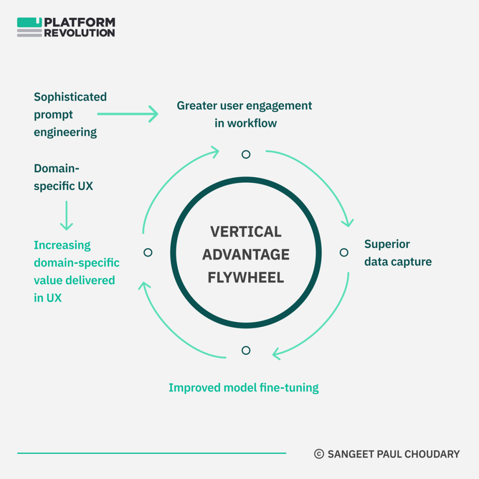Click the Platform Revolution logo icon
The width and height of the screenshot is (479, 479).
point(30,27)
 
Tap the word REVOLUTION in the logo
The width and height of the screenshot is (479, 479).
point(79,33)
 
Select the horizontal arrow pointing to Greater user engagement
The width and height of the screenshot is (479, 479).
point(128,114)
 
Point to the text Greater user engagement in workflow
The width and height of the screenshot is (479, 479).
point(245,114)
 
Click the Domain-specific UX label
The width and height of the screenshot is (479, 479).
point(63,177)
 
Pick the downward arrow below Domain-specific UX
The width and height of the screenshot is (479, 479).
point(66,215)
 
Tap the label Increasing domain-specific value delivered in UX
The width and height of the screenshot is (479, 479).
point(76,271)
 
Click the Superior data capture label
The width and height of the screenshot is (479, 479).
point(398,253)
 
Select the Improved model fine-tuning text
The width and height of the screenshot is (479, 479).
point(243,388)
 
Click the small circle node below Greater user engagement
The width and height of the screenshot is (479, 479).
point(246,154)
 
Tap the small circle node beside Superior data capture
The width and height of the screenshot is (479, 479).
point(344,252)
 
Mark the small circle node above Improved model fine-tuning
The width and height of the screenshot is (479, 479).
point(246,350)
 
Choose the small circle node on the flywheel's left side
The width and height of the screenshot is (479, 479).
point(148,252)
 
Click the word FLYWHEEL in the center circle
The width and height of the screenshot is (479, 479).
point(246,278)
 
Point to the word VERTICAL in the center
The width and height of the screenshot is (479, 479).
point(246,232)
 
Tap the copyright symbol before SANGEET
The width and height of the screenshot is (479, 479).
point(318,454)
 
